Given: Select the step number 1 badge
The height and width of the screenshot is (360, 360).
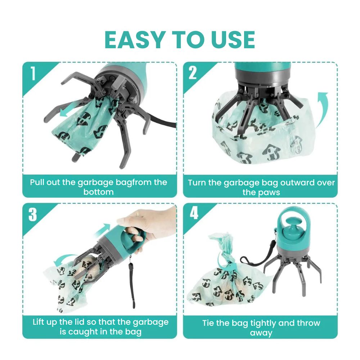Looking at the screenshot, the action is click(x=33, y=73).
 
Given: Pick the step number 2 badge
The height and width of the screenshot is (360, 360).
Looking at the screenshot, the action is click(x=193, y=73).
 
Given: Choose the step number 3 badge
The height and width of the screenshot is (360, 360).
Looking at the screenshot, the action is click(x=33, y=214).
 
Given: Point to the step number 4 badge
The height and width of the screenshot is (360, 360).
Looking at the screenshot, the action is click(x=194, y=213).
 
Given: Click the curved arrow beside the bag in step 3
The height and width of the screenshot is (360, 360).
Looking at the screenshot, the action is click(x=63, y=258).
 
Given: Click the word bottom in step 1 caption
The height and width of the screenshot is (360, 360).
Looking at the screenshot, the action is click(x=99, y=192).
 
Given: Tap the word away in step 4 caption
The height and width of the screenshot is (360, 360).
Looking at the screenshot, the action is click(x=261, y=333).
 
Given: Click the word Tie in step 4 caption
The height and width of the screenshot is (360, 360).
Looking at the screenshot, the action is click(x=208, y=323).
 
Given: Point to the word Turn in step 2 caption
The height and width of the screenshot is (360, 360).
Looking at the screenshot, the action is click(x=197, y=183).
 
